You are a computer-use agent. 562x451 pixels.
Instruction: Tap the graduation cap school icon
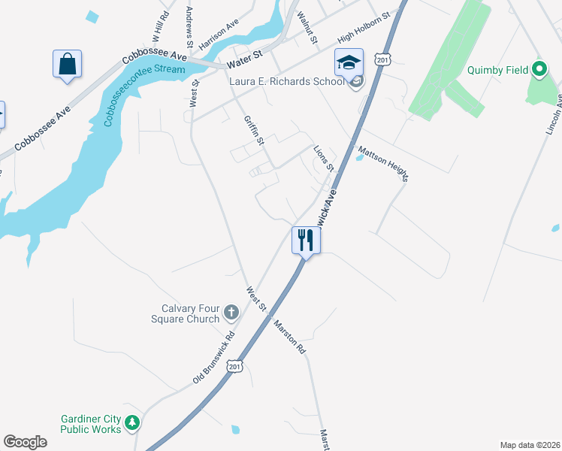pos(349,62)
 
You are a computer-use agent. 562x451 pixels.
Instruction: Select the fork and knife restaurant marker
pos(305,240)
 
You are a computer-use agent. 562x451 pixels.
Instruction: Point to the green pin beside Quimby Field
pos(539,70)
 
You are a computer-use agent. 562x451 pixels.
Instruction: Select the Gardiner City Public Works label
pos(91,424)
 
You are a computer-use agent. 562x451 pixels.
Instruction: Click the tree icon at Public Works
pos(133,423)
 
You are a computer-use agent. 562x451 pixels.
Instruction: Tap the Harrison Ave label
pos(218,39)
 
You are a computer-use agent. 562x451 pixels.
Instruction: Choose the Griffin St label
pos(255,130)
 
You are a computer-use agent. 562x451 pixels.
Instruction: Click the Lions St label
pos(323,159)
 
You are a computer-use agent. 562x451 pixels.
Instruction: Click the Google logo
pos(25,442)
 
